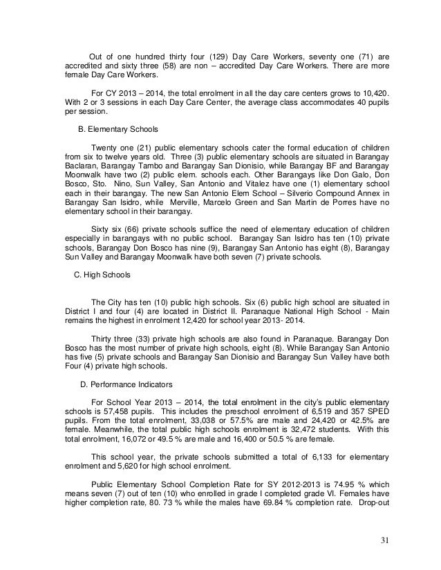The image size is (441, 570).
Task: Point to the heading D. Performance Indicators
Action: (129, 383)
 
